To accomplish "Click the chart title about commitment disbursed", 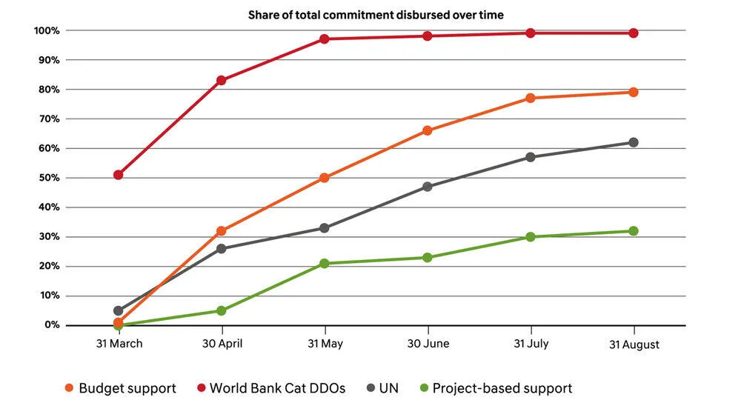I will [x=376, y=15].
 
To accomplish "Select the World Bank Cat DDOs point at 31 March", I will [x=118, y=175].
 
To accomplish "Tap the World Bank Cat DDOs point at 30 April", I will [x=221, y=80].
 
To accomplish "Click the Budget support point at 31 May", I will [x=324, y=178].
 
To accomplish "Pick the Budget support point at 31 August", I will [x=634, y=92].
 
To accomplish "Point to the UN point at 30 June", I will [x=428, y=187].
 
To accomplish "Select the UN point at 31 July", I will [x=531, y=157].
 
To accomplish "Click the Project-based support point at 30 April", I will [x=221, y=310].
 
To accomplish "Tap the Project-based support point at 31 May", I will [x=324, y=263].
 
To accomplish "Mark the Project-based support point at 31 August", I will [x=634, y=231].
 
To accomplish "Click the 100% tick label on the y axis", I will [x=46, y=30].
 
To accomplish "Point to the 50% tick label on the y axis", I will [x=48, y=178].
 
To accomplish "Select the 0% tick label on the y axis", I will [x=51, y=325].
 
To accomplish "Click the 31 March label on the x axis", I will [x=118, y=344].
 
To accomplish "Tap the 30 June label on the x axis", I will [x=428, y=344].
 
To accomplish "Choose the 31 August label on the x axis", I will [x=634, y=344].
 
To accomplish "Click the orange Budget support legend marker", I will [x=70, y=387].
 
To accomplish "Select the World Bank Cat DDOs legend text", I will [x=277, y=387].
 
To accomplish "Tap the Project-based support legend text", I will [x=502, y=387].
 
